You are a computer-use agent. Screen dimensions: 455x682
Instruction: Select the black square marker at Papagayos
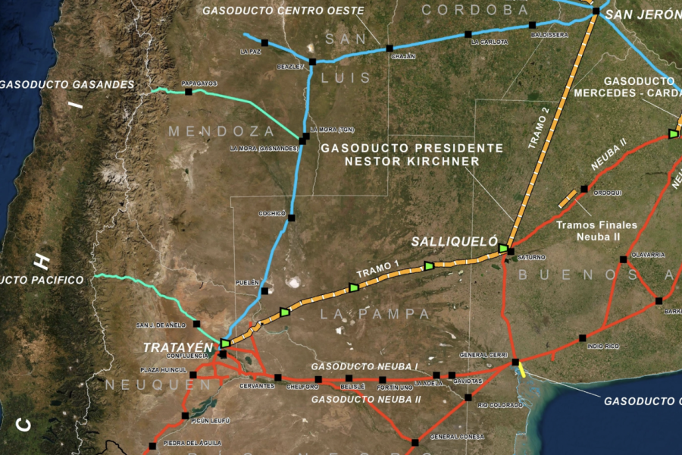(188, 92)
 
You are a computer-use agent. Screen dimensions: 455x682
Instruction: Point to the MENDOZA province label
(221, 131)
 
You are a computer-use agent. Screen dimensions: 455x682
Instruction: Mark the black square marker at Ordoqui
(584, 189)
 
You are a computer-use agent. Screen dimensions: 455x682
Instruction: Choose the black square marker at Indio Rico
(583, 337)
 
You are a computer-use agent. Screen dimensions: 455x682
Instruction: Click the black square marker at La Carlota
(468, 34)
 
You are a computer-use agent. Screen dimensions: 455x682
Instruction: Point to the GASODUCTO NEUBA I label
(364, 367)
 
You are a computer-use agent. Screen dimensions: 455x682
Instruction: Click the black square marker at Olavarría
(623, 259)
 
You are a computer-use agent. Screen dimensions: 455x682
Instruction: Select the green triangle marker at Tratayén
(225, 343)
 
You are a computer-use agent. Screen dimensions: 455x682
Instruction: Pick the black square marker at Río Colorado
(468, 397)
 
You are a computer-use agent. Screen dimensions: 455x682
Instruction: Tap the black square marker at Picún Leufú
(185, 416)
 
